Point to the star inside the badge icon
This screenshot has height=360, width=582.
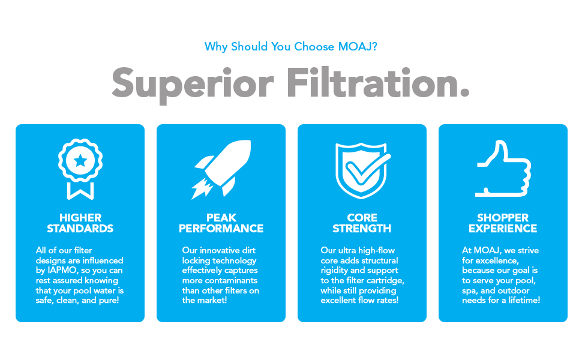[80, 160]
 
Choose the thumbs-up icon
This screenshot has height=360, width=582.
[503, 169]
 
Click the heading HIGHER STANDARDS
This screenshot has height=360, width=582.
[80, 223]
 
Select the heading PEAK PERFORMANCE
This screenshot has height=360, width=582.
[221, 223]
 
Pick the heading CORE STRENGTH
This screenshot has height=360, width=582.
[362, 223]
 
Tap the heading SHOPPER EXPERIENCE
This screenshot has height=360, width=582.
[503, 223]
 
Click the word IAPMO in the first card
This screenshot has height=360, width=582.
[64, 271]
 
